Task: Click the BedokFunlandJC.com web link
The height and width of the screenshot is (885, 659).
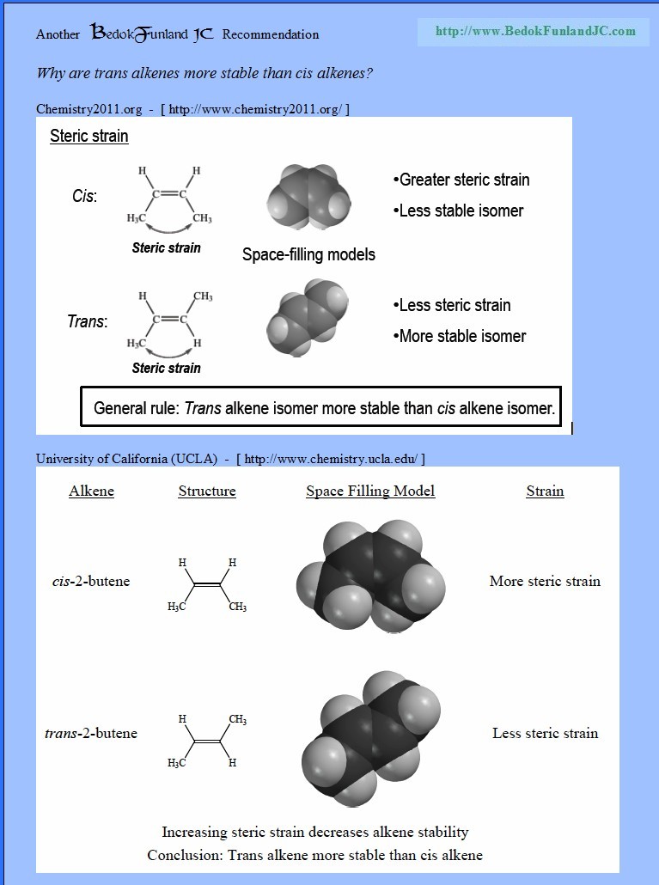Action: [535, 31]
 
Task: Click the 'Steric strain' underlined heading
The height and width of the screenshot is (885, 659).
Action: [89, 136]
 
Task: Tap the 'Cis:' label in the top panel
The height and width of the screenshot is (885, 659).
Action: [85, 196]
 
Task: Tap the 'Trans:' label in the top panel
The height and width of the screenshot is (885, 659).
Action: [88, 321]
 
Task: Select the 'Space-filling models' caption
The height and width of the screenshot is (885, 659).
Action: [308, 254]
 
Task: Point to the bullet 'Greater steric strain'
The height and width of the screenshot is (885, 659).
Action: [461, 180]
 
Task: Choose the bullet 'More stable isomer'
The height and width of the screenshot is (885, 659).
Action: [460, 336]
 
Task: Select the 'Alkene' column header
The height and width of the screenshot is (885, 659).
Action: [91, 491]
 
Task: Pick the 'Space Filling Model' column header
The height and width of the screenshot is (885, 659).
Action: [370, 491]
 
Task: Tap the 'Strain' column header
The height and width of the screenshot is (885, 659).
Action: [545, 491]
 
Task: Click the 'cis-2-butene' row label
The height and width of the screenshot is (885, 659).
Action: [91, 582]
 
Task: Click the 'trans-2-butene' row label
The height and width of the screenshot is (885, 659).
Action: [91, 733]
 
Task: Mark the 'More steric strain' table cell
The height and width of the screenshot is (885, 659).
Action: [545, 582]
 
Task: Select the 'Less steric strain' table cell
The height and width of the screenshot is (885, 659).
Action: [545, 733]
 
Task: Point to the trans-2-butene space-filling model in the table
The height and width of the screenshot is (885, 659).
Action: [370, 738]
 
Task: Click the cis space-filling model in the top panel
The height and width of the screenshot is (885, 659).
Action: [308, 197]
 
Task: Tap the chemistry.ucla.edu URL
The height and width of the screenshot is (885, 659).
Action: [331, 459]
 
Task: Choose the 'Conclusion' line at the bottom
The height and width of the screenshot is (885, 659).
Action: [314, 855]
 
